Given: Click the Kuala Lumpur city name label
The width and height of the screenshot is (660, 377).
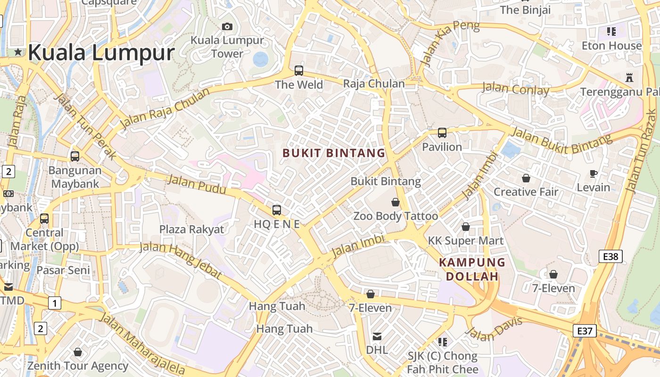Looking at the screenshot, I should (101, 52).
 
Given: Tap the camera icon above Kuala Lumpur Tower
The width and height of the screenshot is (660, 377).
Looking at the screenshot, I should (227, 26).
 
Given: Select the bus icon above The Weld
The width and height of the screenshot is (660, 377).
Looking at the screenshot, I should (299, 71).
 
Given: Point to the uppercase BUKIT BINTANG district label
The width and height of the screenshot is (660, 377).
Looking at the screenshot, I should (334, 153).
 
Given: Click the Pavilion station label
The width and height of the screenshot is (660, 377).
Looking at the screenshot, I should (442, 147).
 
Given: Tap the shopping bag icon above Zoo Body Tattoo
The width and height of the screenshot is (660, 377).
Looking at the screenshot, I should (396, 202).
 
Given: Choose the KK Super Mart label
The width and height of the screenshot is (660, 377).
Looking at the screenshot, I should (466, 241).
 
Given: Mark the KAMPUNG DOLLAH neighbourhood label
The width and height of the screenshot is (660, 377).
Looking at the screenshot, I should (472, 269).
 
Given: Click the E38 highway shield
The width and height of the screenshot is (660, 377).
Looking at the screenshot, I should (610, 256).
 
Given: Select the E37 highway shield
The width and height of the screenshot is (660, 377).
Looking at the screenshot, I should (585, 331).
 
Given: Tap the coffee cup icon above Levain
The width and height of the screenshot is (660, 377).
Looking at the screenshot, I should (594, 174).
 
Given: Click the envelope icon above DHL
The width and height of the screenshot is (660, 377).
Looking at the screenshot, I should (377, 336).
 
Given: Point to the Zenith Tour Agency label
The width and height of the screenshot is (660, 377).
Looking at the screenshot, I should (78, 366).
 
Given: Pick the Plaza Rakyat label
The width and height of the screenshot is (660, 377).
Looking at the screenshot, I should (191, 229).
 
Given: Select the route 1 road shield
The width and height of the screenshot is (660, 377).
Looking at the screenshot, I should (55, 303).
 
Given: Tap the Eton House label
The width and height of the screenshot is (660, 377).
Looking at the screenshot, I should (611, 46).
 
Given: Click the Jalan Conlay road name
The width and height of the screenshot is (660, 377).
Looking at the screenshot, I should (516, 89).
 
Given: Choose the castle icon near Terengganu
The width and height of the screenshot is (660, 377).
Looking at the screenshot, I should (629, 77).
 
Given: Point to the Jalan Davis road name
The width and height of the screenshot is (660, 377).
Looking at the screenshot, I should (494, 328).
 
